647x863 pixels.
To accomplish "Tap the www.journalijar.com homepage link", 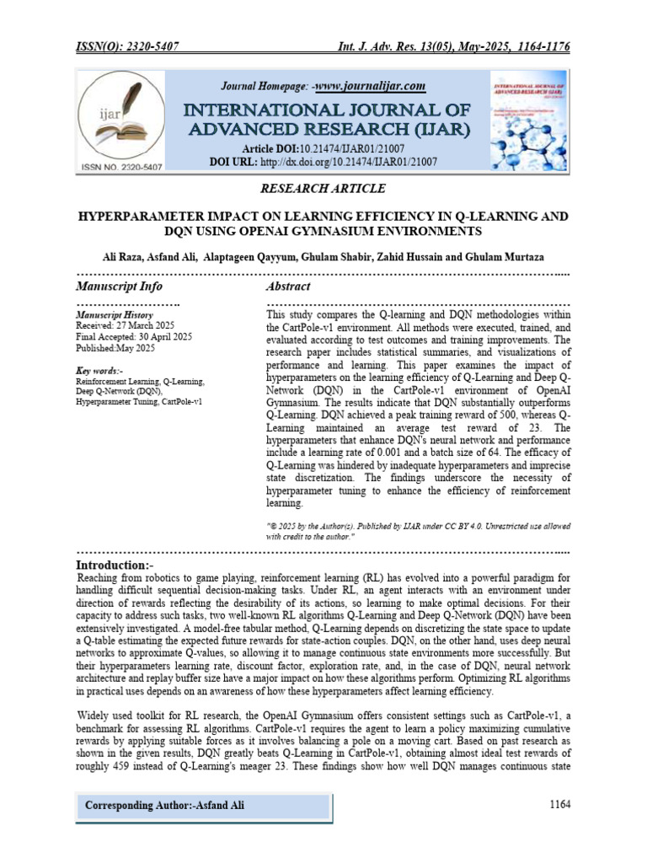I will [370, 86].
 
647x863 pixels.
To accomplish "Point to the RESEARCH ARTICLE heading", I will [323, 188].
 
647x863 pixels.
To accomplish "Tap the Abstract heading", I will [288, 287].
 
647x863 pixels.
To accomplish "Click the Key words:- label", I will [99, 370].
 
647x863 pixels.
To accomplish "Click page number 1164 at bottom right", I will [559, 805].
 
